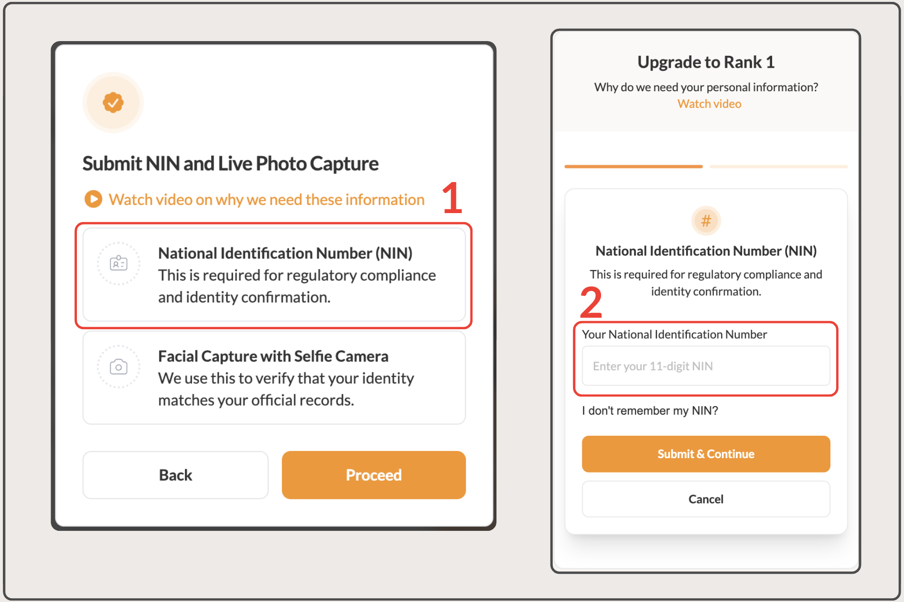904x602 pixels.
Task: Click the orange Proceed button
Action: point(374,475)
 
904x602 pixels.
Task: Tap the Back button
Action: point(175,475)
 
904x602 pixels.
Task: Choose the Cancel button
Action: point(706,499)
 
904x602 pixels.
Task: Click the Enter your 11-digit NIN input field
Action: point(706,366)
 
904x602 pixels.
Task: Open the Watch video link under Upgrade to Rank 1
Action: point(709,104)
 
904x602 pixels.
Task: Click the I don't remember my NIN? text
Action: point(650,410)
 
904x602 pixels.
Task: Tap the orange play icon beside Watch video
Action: point(94,199)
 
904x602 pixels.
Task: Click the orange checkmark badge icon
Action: point(113,102)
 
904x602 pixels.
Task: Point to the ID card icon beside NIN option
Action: point(118,263)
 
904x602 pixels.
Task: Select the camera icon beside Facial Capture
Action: point(118,366)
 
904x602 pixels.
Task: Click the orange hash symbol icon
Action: point(706,221)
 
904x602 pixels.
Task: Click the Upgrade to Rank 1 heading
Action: point(706,62)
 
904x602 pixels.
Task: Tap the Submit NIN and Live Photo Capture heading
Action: point(230,163)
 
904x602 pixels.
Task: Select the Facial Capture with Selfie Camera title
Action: point(273,356)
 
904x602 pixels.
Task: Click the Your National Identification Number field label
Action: point(674,334)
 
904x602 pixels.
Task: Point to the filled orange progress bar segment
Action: point(634,166)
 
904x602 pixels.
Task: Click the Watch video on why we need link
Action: point(267,199)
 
